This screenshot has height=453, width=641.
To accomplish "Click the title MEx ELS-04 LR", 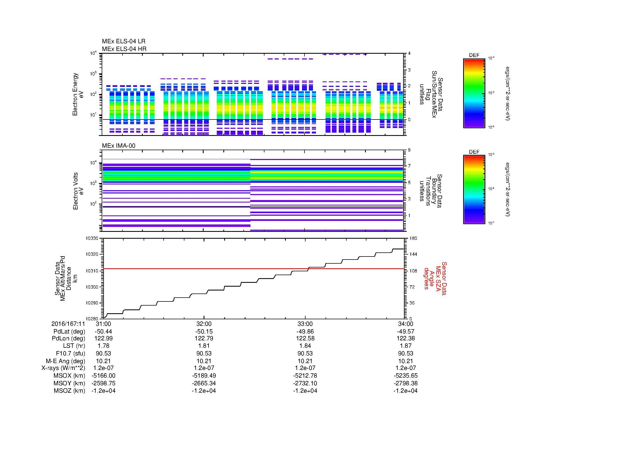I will click(x=123, y=41).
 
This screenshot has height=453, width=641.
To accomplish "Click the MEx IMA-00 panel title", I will click(x=118, y=146).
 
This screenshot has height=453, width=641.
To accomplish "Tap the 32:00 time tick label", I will click(x=204, y=324).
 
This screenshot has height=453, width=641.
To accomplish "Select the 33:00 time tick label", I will click(x=305, y=324).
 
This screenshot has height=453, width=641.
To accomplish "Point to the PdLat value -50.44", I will click(x=103, y=332).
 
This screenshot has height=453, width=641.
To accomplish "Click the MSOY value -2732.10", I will click(x=305, y=383).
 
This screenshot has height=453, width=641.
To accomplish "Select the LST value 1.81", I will click(x=204, y=346).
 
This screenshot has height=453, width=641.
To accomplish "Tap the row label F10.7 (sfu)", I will click(x=70, y=353).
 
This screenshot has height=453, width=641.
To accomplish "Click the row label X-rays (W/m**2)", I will click(x=63, y=368).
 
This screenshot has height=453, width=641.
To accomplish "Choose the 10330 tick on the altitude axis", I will click(x=92, y=238).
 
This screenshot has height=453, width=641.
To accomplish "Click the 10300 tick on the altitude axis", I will click(x=92, y=287).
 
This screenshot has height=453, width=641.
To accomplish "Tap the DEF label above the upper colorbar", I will click(x=474, y=55).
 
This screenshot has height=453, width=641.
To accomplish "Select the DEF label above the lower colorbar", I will click(x=474, y=152).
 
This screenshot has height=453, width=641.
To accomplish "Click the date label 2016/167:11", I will click(x=68, y=324).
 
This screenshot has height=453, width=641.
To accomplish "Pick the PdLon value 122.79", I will click(x=204, y=338).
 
